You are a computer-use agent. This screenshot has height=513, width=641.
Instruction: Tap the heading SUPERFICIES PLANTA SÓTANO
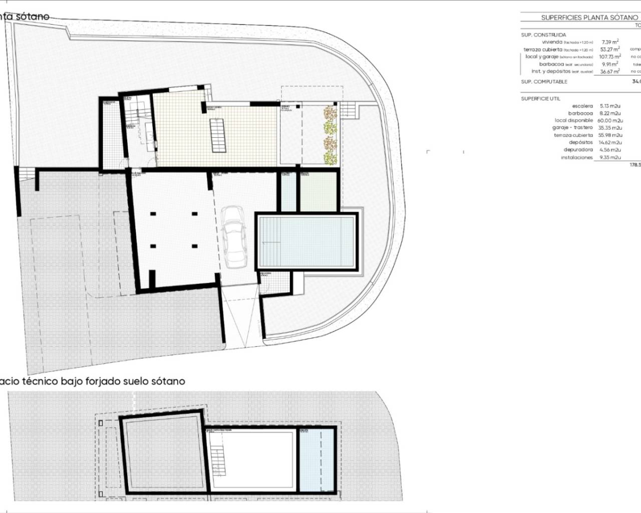(589, 18)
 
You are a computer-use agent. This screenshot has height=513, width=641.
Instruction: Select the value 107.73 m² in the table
(609, 57)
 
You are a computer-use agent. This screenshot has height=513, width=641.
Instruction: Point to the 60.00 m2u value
(610, 120)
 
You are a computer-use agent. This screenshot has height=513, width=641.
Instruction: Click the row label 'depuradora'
(578, 150)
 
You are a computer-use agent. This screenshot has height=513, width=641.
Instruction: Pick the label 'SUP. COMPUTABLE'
(544, 82)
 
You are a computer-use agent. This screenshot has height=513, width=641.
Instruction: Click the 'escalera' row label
(582, 106)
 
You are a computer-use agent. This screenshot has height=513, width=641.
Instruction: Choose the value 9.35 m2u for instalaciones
(609, 157)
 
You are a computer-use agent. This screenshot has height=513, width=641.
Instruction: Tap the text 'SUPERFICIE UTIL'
(540, 99)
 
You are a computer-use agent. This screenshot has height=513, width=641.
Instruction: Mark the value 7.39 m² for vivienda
(609, 42)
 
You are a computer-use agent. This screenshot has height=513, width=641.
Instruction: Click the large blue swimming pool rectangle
(306, 241)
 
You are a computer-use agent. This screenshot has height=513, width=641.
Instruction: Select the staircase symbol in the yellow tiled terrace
(217, 135)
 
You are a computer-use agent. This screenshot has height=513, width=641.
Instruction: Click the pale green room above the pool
(318, 192)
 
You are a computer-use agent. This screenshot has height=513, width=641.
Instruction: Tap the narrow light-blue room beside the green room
(289, 192)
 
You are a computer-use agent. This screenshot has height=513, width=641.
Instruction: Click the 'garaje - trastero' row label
(573, 128)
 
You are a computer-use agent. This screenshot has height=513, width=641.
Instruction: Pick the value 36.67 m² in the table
(609, 71)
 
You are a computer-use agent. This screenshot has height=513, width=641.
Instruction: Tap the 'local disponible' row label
(573, 120)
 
